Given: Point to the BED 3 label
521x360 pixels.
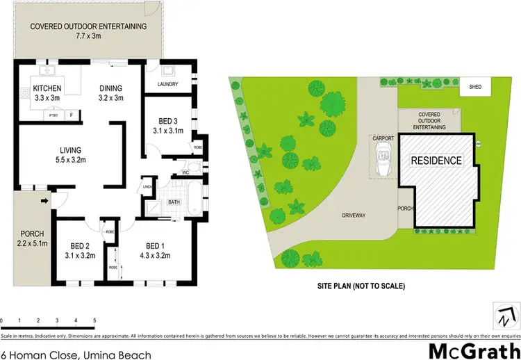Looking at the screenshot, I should pyautogui.click(x=167, y=125).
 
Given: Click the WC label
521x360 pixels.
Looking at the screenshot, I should pyautogui.click(x=186, y=172).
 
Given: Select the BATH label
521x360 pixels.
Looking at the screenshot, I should pyautogui.click(x=174, y=203).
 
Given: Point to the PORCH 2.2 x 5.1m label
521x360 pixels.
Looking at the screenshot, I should pyautogui.click(x=31, y=238).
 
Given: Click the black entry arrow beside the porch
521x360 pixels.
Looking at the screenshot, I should pyautogui.click(x=45, y=202).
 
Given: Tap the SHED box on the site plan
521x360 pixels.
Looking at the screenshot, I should pyautogui.click(x=475, y=88).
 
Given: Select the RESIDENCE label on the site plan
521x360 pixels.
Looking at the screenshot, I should pyautogui.click(x=436, y=161).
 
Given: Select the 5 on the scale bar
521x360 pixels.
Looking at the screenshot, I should pyautogui.click(x=94, y=320).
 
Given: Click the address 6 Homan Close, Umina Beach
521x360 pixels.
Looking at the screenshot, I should pyautogui.click(x=76, y=354).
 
